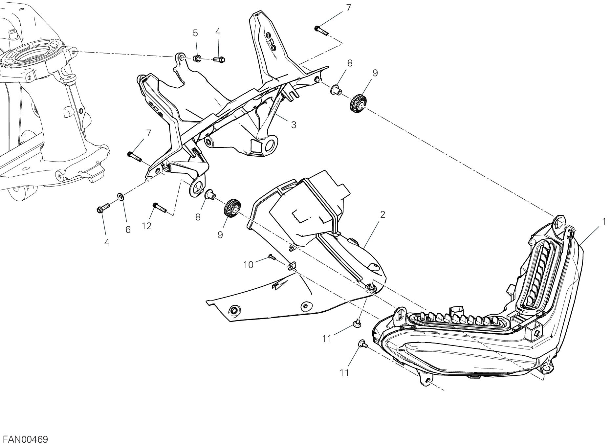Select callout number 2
pyautogui.click(x=382, y=215)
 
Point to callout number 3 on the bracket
pyautogui.click(x=294, y=124)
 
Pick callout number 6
pyautogui.click(x=128, y=230)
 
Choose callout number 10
pyautogui.click(x=249, y=264)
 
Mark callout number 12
pyautogui.click(x=147, y=226)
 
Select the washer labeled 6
pyautogui.click(x=121, y=197)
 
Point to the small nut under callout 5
pyautogui.click(x=198, y=59)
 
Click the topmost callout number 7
pyautogui.click(x=348, y=8)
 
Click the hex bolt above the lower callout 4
pyautogui.click(x=103, y=209)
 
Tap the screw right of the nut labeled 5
pyautogui.click(x=219, y=60)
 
